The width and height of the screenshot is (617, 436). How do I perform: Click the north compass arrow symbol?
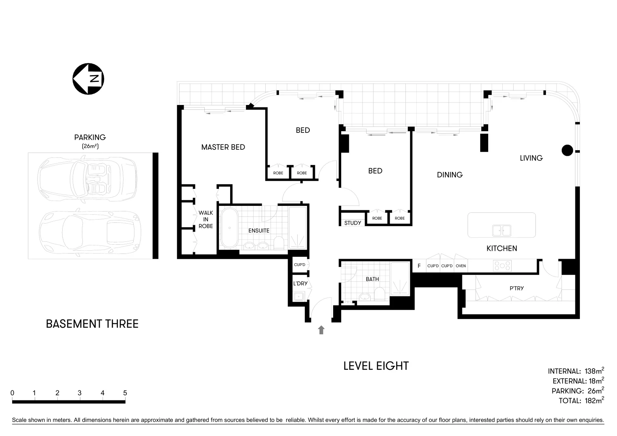pyautogui.click(x=88, y=79)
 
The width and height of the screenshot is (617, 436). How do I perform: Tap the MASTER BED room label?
pyautogui.click(x=223, y=147)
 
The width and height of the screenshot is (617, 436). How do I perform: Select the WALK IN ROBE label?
pyautogui.click(x=206, y=220)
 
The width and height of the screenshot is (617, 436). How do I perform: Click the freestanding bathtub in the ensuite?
pyautogui.click(x=229, y=228)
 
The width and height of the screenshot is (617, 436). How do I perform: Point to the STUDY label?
pyautogui.click(x=353, y=223)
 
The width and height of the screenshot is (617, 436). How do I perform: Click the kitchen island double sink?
pyautogui.click(x=501, y=231)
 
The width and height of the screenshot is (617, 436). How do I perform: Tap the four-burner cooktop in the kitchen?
pyautogui.click(x=502, y=266)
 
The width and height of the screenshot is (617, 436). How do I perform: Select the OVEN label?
pyautogui.click(x=461, y=266)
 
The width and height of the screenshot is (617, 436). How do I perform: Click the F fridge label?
pyautogui.click(x=419, y=266)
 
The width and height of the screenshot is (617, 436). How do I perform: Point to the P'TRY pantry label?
pyautogui.click(x=516, y=288)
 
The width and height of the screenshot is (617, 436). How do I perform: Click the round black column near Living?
pyautogui.click(x=567, y=151)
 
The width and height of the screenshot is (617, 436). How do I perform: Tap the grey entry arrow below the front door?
pyautogui.click(x=321, y=330)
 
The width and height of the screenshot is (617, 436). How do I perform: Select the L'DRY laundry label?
pyautogui.click(x=300, y=283)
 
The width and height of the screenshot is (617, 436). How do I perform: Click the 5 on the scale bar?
pyautogui.click(x=125, y=393)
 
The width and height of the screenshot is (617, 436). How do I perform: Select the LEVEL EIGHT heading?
pyautogui.click(x=376, y=366)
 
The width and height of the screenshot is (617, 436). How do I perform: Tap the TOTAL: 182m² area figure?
pyautogui.click(x=581, y=401)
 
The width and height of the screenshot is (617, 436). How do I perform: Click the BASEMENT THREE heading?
pyautogui.click(x=92, y=324)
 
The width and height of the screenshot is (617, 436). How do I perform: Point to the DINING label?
pyautogui.click(x=449, y=175)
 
